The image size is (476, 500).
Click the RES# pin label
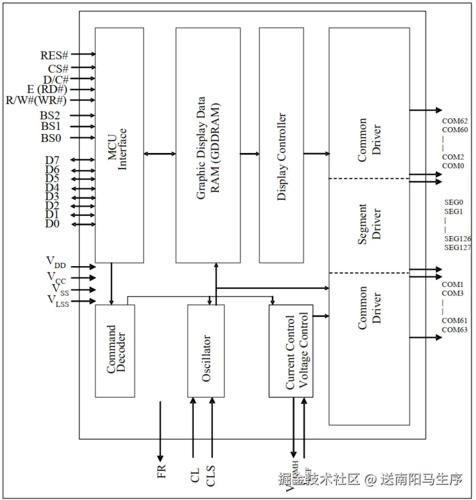tap(55, 55)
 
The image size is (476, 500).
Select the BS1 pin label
tap(51, 126)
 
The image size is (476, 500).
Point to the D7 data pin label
tap(52, 159)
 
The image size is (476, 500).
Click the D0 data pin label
tap(52, 223)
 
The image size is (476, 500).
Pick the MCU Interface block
tap(119, 144)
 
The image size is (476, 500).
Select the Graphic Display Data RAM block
tap(208, 144)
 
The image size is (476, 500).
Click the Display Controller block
tap(282, 144)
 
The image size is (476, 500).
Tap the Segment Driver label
tap(369, 224)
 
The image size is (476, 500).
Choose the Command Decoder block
tap(115, 350)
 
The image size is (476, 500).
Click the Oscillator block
tap(205, 350)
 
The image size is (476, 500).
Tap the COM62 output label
tap(455, 121)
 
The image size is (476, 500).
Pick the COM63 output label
tap(455, 330)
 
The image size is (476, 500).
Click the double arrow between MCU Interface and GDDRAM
tap(160, 154)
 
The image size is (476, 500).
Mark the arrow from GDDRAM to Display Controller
tap(249, 154)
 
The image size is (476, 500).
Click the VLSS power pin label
tap(58, 301)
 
